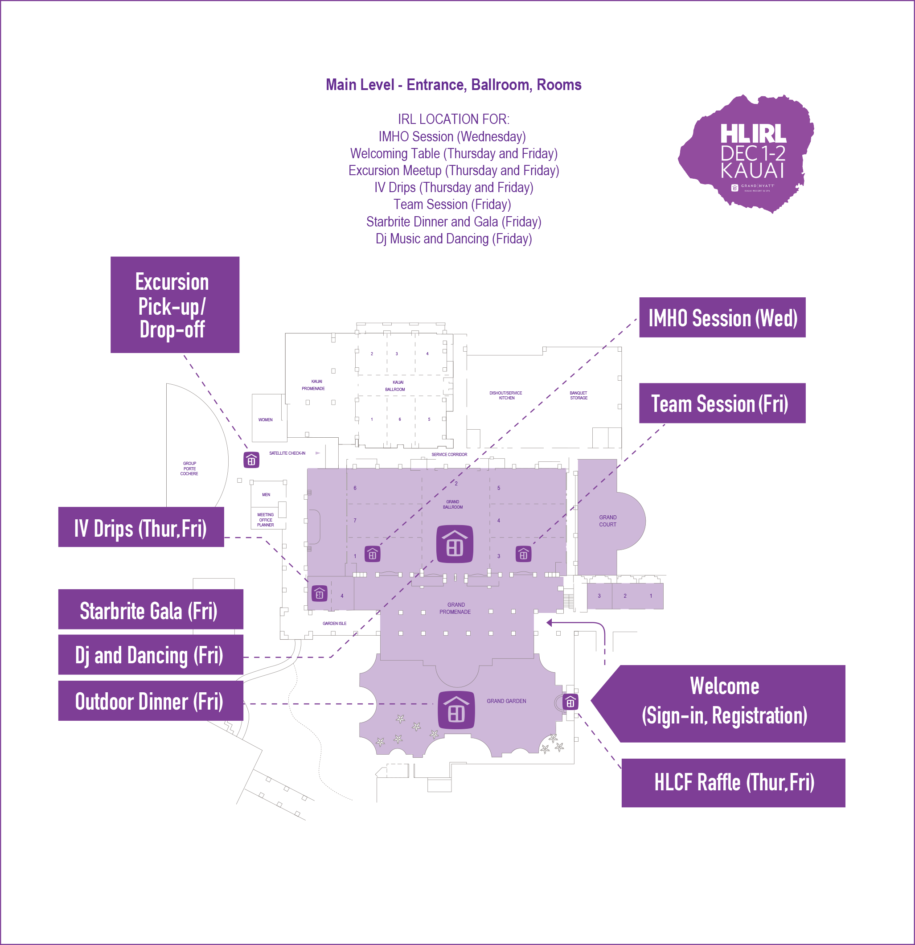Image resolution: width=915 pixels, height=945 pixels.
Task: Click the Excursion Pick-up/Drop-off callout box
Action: point(175,305)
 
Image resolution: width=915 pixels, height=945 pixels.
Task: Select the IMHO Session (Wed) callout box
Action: point(722,318)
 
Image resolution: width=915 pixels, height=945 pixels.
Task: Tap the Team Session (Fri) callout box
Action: point(722,403)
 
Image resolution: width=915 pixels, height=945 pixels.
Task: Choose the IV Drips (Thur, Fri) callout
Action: point(141,527)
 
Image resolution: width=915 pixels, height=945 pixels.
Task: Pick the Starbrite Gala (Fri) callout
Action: point(150,609)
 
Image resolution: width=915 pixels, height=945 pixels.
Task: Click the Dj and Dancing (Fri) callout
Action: point(150,655)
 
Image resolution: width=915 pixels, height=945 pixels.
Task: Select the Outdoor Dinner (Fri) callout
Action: point(150,701)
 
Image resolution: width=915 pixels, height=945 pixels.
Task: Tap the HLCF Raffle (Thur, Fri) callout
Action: point(733,782)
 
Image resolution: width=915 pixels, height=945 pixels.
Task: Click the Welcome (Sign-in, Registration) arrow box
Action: point(724,703)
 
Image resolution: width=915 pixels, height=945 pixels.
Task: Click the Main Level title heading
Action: point(453,85)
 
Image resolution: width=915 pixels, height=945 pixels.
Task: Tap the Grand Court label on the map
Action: point(607,521)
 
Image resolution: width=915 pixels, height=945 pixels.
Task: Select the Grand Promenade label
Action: point(455,608)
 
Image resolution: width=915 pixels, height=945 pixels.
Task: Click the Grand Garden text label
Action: point(506,701)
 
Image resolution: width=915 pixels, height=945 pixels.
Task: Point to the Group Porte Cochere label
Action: point(189,468)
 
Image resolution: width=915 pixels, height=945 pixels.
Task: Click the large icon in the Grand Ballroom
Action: point(455,544)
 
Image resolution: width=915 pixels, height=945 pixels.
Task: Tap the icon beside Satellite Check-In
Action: point(251,460)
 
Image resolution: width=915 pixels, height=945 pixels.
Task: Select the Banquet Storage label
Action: point(579,395)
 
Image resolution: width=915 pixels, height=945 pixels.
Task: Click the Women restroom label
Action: point(265,420)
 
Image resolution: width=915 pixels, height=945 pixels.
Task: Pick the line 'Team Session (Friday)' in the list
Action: point(452,205)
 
